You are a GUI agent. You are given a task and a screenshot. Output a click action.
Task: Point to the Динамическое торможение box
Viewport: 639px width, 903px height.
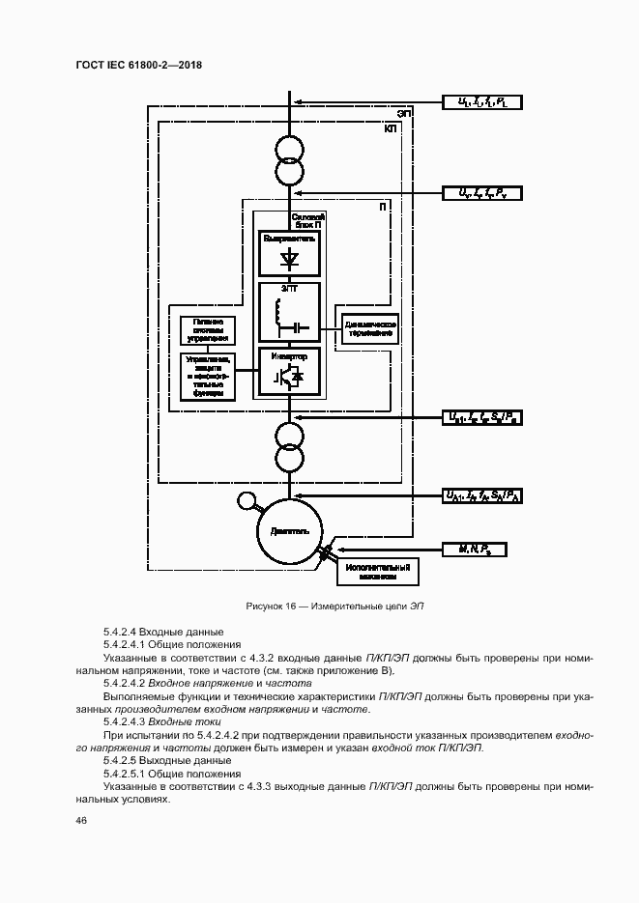(x=367, y=327)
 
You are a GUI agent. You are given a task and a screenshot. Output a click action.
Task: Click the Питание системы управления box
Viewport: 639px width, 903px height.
(x=208, y=328)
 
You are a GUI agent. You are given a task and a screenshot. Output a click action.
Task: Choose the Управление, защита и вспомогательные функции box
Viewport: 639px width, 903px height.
(x=208, y=377)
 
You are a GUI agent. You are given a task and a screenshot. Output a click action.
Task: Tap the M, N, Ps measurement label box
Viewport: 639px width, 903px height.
(x=474, y=549)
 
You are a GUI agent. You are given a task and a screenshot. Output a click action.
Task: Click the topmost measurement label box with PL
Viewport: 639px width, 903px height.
(x=481, y=101)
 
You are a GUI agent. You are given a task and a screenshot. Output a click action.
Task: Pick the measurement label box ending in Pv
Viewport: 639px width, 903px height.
(x=481, y=192)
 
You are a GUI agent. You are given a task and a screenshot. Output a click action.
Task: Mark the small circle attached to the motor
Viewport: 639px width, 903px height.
(x=247, y=500)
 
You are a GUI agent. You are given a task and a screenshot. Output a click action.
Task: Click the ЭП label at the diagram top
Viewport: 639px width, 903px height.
(x=403, y=113)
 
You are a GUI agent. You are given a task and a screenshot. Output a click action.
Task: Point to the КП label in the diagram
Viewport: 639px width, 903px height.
(x=391, y=128)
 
